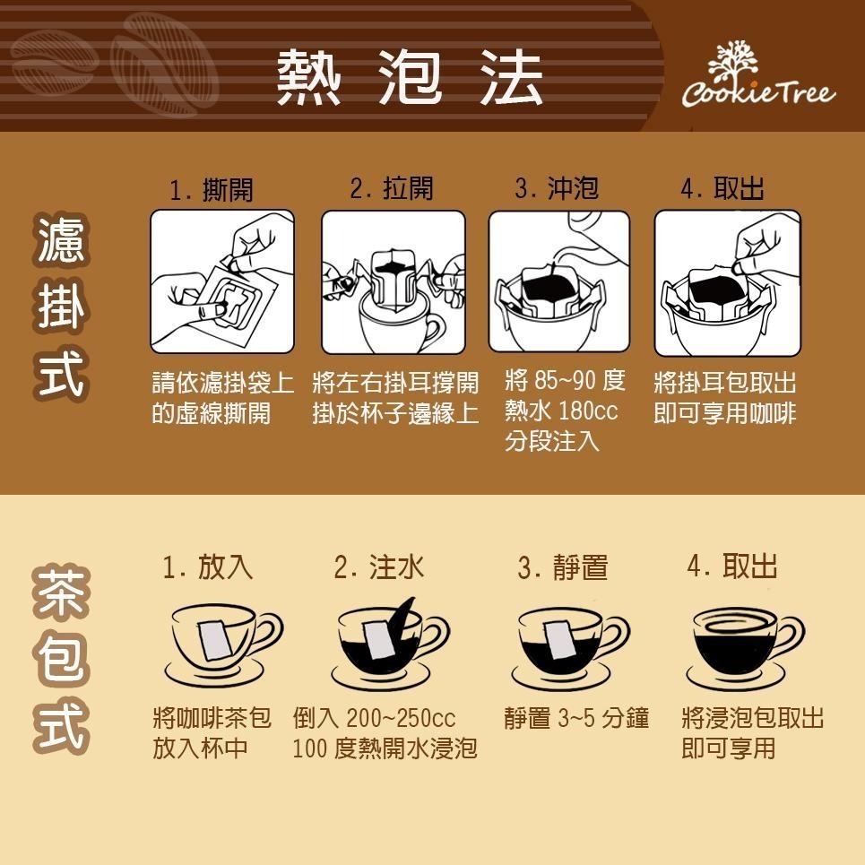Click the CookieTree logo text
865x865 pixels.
coord(757,91)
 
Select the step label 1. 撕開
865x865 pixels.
coord(212,190)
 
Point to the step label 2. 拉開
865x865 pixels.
coord(392,188)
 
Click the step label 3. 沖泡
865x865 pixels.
coord(557,188)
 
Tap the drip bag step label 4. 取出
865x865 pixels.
coord(722,188)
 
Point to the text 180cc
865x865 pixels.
coord(588,412)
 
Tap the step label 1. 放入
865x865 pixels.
coord(208,567)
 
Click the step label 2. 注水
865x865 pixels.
coord(378,567)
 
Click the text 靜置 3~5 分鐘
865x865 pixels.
coord(576,719)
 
